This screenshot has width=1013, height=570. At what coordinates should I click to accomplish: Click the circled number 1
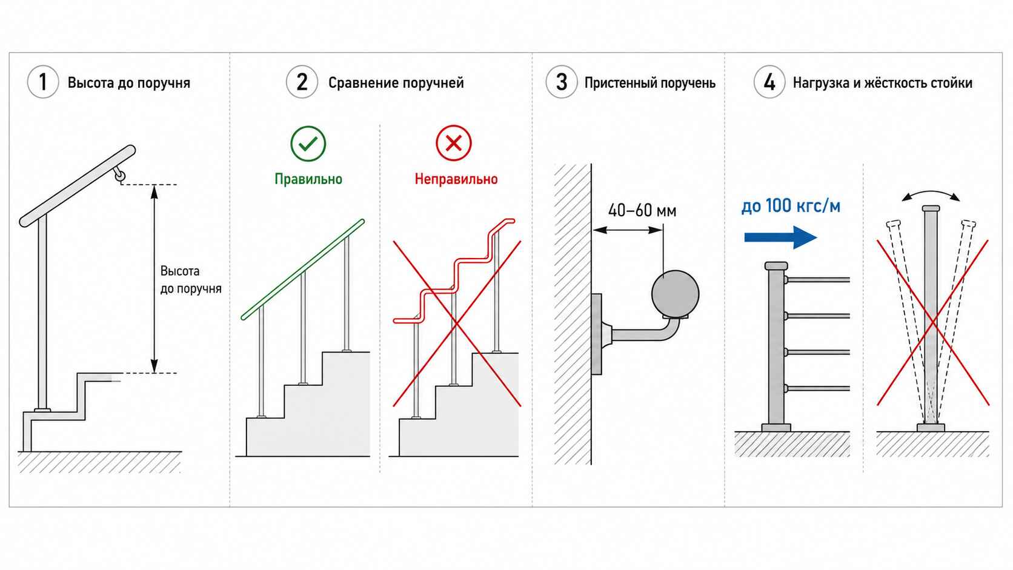coord(43,82)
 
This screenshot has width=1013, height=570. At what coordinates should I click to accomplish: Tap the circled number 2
coord(302,82)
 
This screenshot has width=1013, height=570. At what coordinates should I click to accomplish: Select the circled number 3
coord(562,82)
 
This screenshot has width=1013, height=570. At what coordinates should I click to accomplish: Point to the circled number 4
coord(769,82)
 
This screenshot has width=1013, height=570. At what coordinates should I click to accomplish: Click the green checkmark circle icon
coord(308,144)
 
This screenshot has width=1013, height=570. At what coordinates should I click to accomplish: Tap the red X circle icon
coord(454,144)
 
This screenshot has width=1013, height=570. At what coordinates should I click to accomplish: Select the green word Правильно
coord(308,179)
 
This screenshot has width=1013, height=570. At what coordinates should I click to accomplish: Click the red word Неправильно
coord(456,179)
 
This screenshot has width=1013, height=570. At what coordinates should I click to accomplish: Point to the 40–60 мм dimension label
coord(642,211)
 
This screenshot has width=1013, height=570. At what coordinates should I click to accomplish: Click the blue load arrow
coord(780,237)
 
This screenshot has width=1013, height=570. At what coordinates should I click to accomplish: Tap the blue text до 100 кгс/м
coord(791,206)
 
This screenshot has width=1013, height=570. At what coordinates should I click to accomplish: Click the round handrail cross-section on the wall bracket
coord(675,294)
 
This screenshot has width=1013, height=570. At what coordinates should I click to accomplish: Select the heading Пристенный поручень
coord(650,83)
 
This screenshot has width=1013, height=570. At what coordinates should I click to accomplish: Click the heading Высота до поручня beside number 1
coord(129,83)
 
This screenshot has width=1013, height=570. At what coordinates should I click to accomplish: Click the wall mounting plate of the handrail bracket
coord(597,334)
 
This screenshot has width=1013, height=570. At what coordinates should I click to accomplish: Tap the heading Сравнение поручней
coord(396,83)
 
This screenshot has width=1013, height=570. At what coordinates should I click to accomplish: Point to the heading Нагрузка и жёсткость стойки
coord(883,83)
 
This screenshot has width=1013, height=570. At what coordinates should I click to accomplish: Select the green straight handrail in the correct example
coord(302,270)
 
